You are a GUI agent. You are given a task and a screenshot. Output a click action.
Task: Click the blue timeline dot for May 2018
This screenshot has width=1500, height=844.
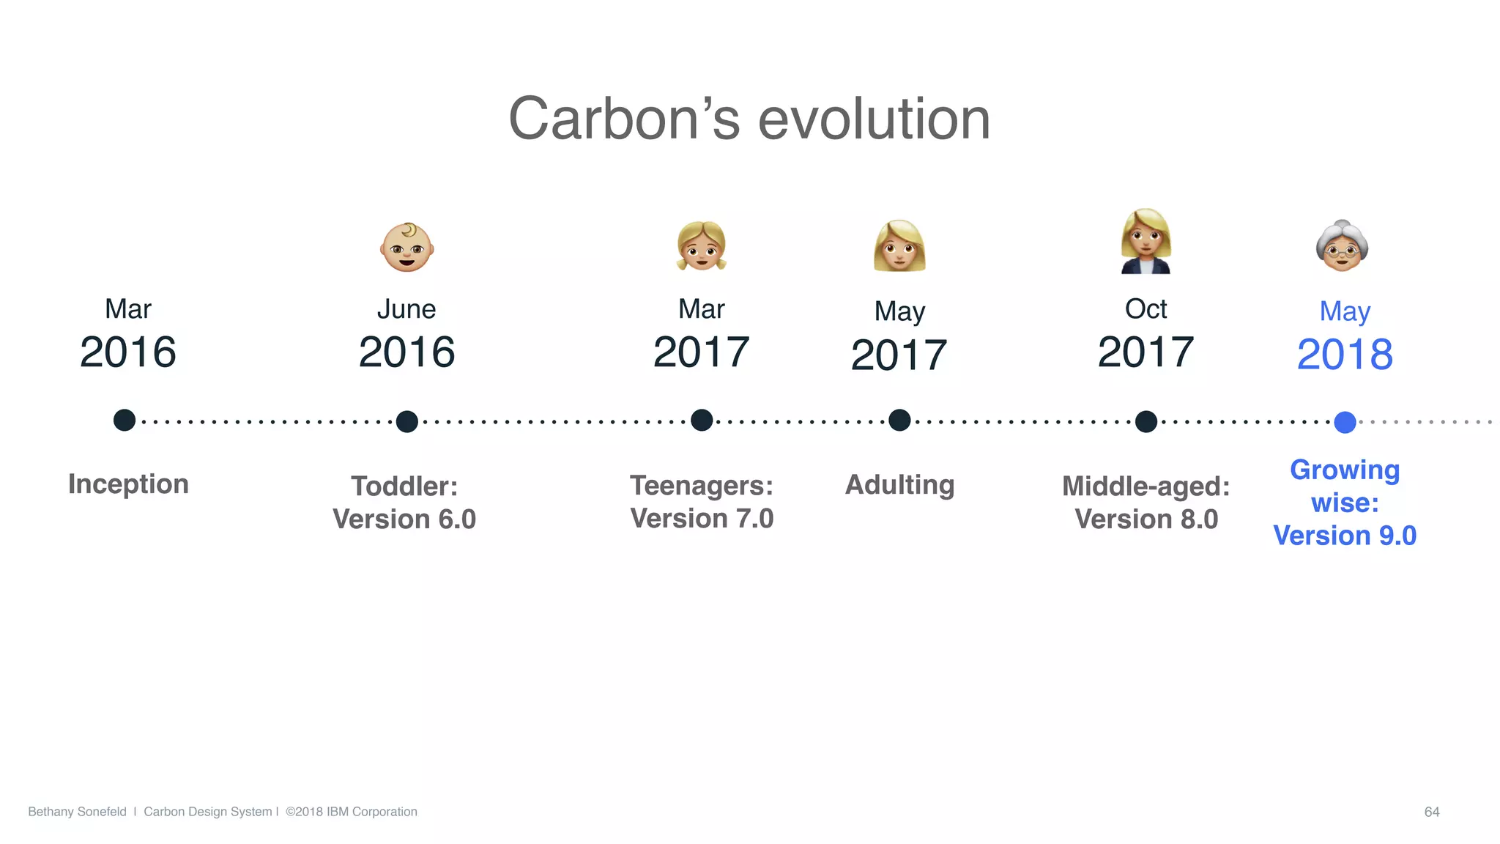(x=1345, y=422)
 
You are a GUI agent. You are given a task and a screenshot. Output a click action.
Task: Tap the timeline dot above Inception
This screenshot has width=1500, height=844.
(x=125, y=421)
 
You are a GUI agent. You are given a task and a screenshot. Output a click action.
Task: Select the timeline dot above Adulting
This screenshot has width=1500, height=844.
(x=899, y=421)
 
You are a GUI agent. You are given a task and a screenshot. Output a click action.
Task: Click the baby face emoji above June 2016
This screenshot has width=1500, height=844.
(x=407, y=248)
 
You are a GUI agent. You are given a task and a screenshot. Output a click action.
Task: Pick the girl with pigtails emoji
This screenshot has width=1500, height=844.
(x=702, y=246)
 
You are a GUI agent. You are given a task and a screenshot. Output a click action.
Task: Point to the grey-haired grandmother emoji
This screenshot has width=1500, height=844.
(x=1342, y=246)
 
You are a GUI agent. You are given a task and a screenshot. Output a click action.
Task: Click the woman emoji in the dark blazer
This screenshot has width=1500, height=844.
(x=1146, y=242)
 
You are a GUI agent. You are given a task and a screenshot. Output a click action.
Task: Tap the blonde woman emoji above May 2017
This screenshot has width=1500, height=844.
(x=899, y=246)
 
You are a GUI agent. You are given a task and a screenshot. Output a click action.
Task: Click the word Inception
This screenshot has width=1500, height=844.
(x=128, y=484)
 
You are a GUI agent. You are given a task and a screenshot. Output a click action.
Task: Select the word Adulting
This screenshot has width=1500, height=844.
(x=899, y=485)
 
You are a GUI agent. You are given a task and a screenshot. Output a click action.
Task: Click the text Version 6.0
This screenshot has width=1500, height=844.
(x=404, y=519)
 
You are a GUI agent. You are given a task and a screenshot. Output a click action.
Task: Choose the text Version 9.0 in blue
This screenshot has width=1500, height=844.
(x=1345, y=536)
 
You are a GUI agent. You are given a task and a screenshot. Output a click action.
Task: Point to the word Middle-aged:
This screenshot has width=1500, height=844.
(x=1146, y=486)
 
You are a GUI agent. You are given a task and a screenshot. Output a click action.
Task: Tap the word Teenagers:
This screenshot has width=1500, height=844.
(x=702, y=486)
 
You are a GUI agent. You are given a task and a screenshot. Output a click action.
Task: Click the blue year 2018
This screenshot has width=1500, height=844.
(x=1345, y=355)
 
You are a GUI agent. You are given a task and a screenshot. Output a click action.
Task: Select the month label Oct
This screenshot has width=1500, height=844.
(x=1146, y=309)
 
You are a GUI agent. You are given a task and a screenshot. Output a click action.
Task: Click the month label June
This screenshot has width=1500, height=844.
(x=406, y=309)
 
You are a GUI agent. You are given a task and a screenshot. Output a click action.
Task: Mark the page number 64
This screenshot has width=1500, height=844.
(x=1432, y=812)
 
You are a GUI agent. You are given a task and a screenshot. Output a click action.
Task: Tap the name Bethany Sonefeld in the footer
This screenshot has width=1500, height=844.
(x=77, y=812)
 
